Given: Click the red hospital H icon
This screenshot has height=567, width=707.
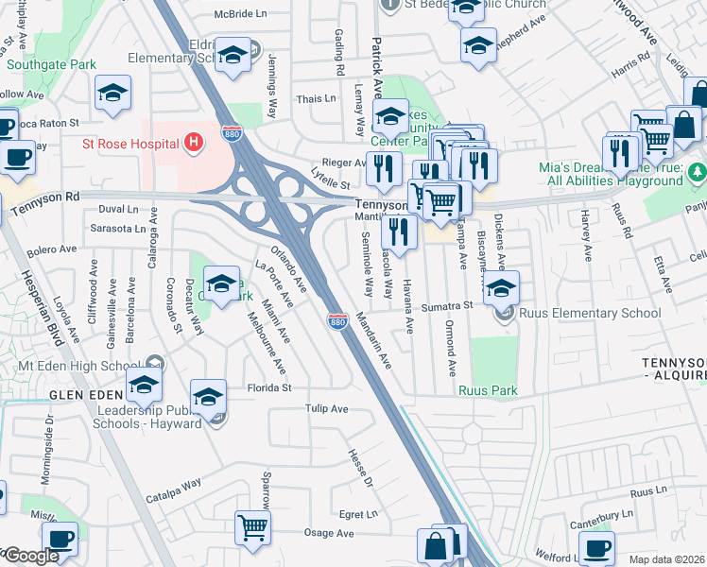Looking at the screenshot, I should point(194,144).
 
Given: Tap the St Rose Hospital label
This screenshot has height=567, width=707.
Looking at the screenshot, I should point(130,145).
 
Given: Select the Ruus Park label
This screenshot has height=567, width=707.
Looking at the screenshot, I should point(489,389).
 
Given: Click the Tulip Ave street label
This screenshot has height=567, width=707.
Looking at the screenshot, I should point(327,409).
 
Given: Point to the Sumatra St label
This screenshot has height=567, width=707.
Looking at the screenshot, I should point(446,306).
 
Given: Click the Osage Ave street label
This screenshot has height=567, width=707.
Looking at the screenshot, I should point(329,533).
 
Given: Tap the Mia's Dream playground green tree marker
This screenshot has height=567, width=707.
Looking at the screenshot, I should point(698,171).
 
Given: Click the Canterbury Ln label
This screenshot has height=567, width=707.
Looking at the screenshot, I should point(599,515).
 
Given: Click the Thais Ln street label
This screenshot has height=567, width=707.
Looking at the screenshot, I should point(316,98).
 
